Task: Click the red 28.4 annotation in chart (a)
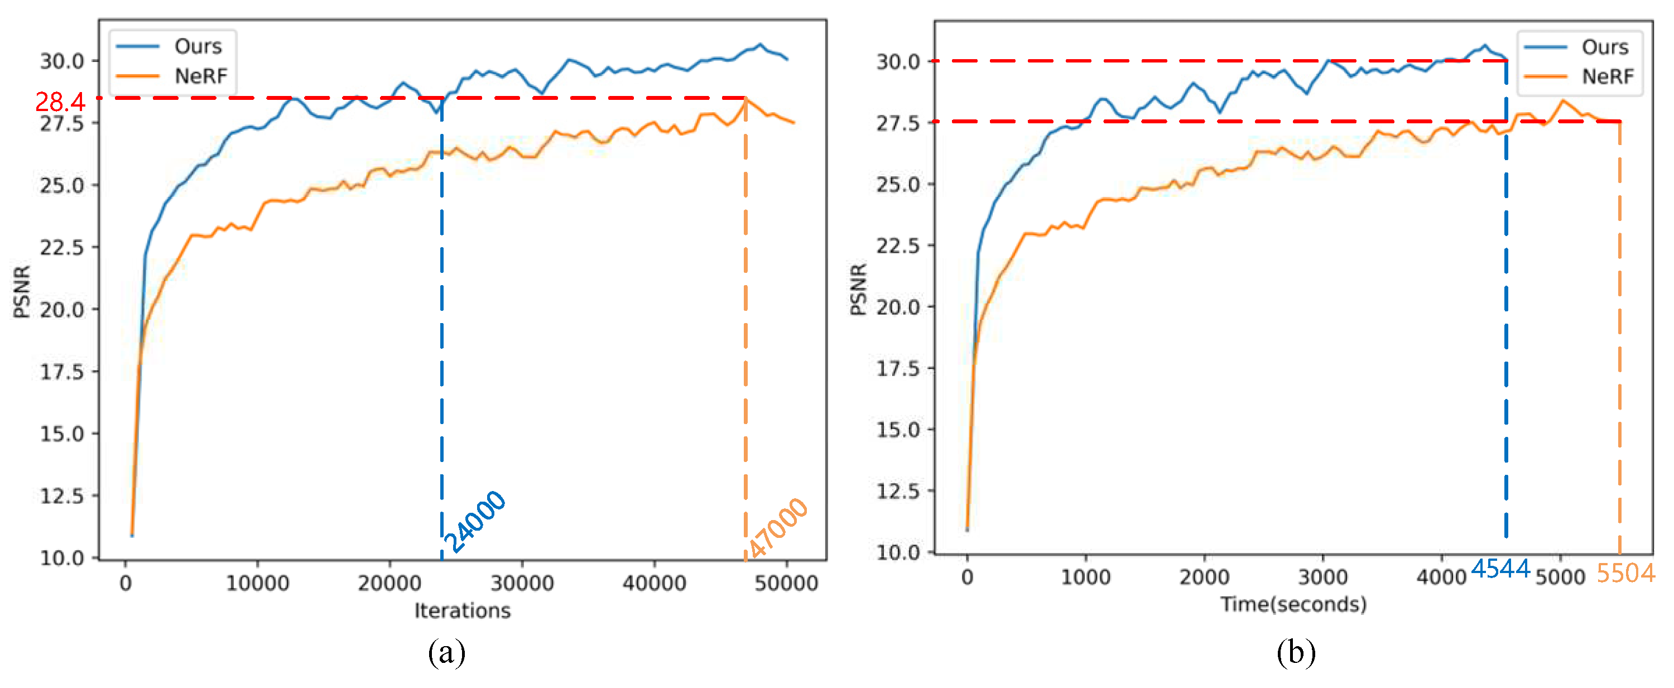60,102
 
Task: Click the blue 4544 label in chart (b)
1500,569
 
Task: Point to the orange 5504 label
1624,573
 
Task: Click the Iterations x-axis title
462,610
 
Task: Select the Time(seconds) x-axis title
1293,604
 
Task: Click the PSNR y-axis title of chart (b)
858,289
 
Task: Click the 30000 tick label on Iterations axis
522,583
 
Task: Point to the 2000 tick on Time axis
1204,577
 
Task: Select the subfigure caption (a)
446,652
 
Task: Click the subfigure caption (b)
1296,652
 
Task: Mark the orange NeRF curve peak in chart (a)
745,99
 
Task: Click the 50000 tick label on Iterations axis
786,583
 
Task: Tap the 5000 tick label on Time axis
1560,577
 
